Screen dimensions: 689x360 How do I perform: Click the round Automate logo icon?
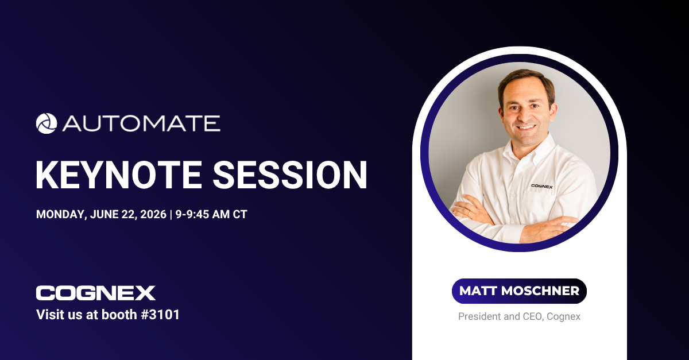[x=47, y=123]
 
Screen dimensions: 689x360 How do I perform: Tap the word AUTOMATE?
[x=141, y=123]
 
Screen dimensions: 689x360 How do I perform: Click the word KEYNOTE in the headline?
[x=119, y=175]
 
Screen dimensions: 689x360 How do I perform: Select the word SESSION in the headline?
[x=290, y=175]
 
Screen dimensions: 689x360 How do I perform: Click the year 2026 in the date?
[x=153, y=214]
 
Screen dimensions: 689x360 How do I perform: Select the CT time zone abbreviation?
[x=240, y=214]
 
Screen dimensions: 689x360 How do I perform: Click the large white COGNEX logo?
[x=96, y=293]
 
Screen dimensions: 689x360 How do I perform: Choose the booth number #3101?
[x=160, y=315]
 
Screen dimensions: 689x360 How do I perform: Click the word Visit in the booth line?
[x=48, y=315]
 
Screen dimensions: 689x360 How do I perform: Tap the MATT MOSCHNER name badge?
[x=519, y=291]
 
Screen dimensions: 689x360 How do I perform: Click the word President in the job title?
[x=479, y=316]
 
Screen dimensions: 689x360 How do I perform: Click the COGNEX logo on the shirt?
[x=542, y=186]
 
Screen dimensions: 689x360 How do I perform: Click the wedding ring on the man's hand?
[x=469, y=212]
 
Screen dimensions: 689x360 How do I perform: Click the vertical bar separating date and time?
[x=171, y=215]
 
